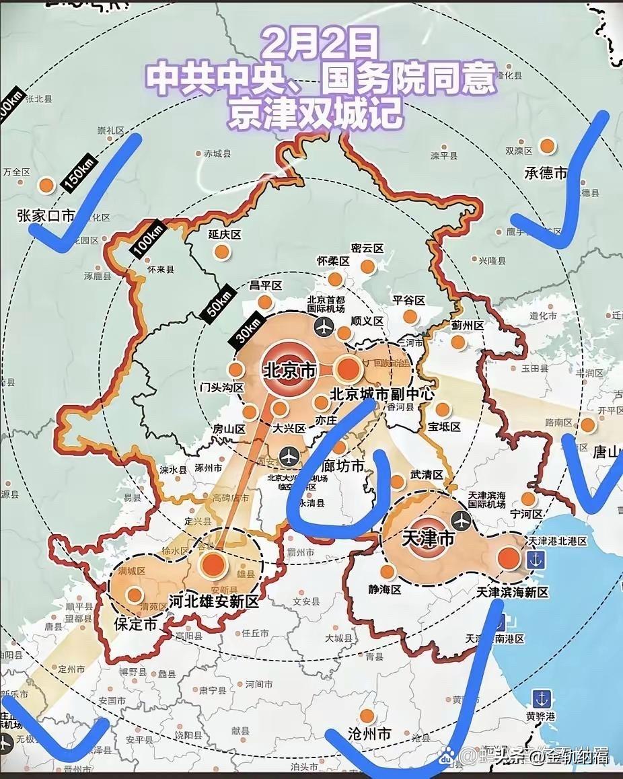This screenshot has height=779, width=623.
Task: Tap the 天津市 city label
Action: coord(428,538)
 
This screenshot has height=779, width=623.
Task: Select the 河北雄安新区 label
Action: coord(214,601)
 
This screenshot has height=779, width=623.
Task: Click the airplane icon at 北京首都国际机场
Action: coord(324,328)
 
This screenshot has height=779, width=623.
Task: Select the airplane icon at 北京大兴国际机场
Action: coord(289,455)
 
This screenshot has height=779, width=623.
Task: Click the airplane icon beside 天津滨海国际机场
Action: coord(462,520)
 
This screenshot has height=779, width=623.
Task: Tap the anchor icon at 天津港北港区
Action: coord(536,558)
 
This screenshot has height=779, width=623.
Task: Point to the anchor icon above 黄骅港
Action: coord(540,698)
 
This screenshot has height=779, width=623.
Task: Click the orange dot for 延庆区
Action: coord(221,252)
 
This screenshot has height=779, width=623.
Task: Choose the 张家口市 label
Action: coord(46,216)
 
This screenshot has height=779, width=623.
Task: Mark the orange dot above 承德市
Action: coord(547,146)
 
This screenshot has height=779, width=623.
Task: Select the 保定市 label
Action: coord(135,624)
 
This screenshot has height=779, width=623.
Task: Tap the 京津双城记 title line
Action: coord(316,114)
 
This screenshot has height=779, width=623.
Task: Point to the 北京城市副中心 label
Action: coord(382,394)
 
